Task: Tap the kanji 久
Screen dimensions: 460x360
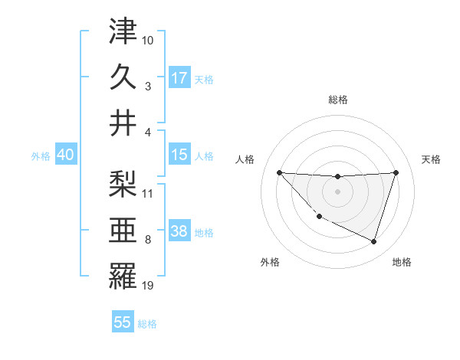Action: coord(123,77)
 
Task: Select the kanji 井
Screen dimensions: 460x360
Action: coord(123,123)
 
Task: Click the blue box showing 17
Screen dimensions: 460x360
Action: coord(179,77)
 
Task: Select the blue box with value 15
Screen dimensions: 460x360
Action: coord(179,155)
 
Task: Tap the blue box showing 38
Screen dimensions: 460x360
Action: coord(179,232)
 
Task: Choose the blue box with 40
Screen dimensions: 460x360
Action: coord(65,155)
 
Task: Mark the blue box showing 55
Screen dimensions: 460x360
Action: coord(123,322)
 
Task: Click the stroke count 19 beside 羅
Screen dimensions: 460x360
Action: coord(148,286)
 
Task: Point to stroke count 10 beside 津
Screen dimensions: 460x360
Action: coord(148,39)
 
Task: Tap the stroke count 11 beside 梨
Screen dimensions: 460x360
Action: coord(148,193)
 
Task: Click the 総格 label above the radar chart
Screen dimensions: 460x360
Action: coord(337,100)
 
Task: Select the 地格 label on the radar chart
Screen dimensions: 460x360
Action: coord(402,262)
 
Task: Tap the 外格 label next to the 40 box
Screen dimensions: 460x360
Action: coord(41,155)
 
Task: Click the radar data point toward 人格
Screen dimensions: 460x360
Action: coord(279,172)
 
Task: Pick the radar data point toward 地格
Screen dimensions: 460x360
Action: coord(373,242)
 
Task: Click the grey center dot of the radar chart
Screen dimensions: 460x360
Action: coord(337,191)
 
